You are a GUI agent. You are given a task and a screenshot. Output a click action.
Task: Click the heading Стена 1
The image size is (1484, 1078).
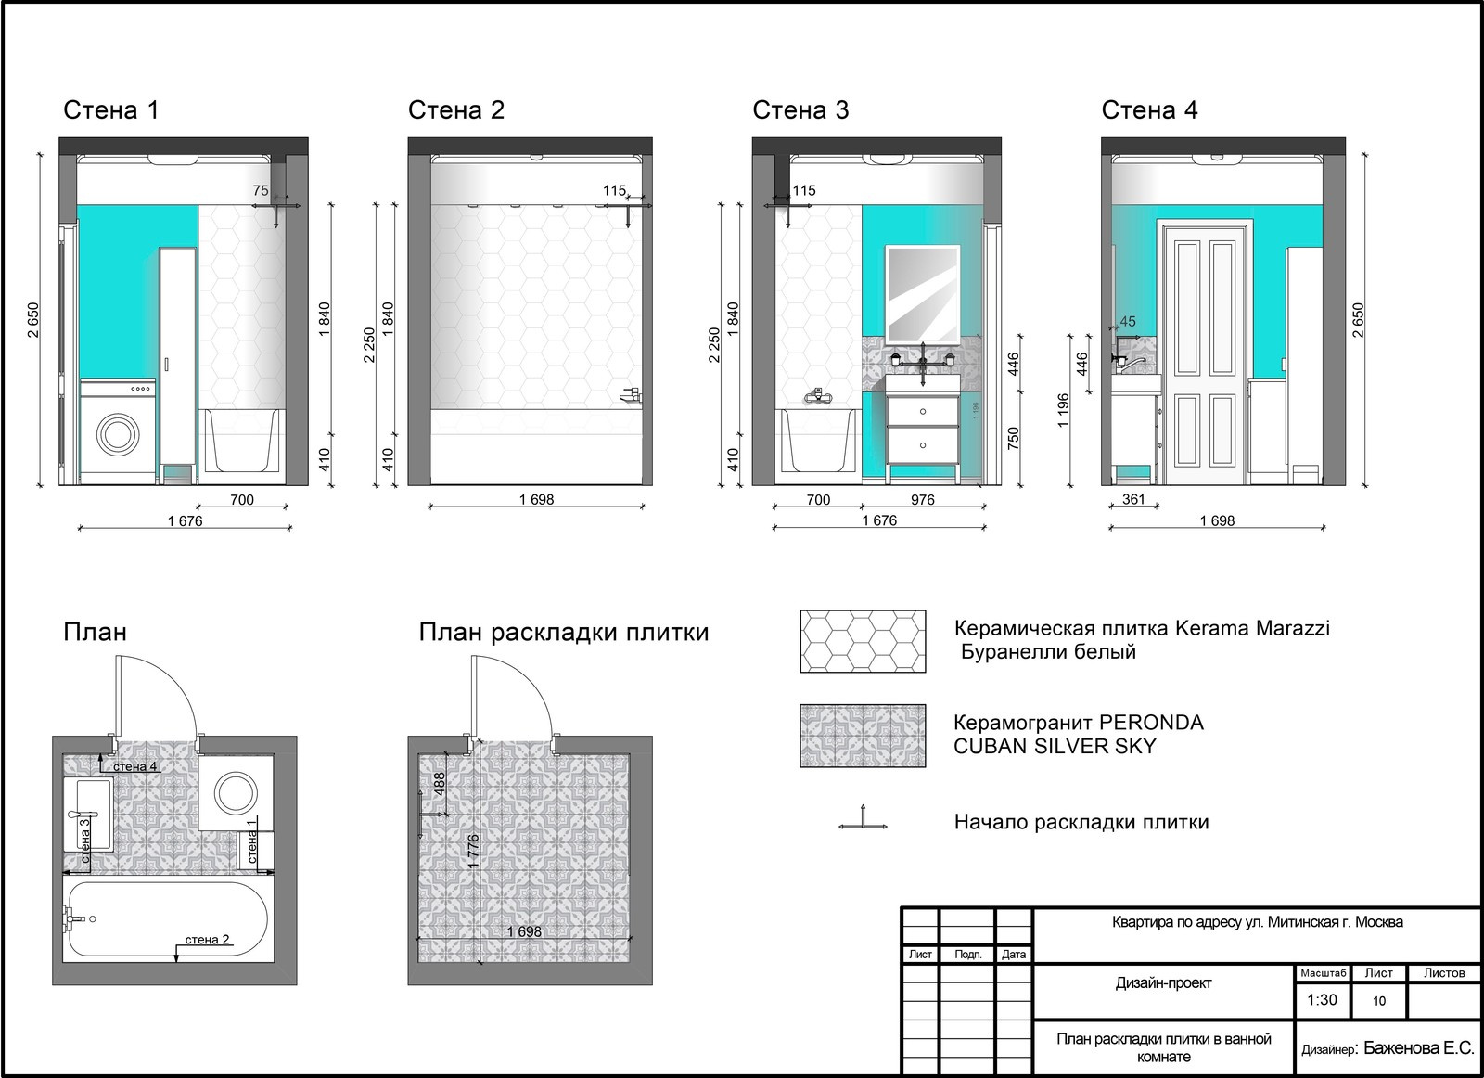tap(111, 110)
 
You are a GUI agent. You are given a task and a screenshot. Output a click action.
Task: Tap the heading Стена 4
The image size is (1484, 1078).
tap(1149, 110)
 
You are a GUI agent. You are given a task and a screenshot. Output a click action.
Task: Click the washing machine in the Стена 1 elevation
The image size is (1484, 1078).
tap(118, 431)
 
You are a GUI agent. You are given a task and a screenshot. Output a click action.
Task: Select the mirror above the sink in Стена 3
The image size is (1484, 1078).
tap(923, 295)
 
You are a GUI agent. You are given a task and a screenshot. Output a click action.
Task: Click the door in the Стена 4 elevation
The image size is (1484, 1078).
tap(1205, 352)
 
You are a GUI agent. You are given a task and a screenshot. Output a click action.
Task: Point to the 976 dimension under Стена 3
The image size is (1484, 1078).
tap(922, 500)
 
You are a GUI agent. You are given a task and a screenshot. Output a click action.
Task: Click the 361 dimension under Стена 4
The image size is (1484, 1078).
tap(1133, 499)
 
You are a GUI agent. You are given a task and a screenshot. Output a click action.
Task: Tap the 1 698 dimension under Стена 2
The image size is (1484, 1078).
tap(536, 500)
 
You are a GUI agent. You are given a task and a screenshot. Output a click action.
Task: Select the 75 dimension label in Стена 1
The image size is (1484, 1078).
tap(261, 191)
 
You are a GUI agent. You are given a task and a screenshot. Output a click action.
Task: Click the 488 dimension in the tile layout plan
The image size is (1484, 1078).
tap(439, 785)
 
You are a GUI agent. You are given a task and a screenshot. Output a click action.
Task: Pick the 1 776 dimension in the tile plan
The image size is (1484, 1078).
tap(473, 852)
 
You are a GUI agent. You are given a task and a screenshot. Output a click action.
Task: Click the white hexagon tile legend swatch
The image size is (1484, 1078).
tap(863, 641)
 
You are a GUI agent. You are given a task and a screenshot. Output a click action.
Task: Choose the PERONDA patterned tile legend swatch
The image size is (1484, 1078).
tap(863, 736)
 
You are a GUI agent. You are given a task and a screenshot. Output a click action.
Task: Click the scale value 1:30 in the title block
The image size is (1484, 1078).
tap(1322, 1000)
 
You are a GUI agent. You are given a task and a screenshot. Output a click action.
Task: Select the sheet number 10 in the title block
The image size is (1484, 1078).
tap(1378, 1000)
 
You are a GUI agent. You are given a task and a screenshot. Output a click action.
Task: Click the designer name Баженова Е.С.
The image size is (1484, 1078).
tap(1418, 1047)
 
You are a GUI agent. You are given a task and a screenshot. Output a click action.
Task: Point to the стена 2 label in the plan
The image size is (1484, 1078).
tap(207, 940)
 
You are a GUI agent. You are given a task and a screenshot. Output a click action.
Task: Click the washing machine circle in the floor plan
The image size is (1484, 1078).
tap(236, 792)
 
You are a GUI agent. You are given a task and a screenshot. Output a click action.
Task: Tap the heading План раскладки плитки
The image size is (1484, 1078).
tap(564, 633)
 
